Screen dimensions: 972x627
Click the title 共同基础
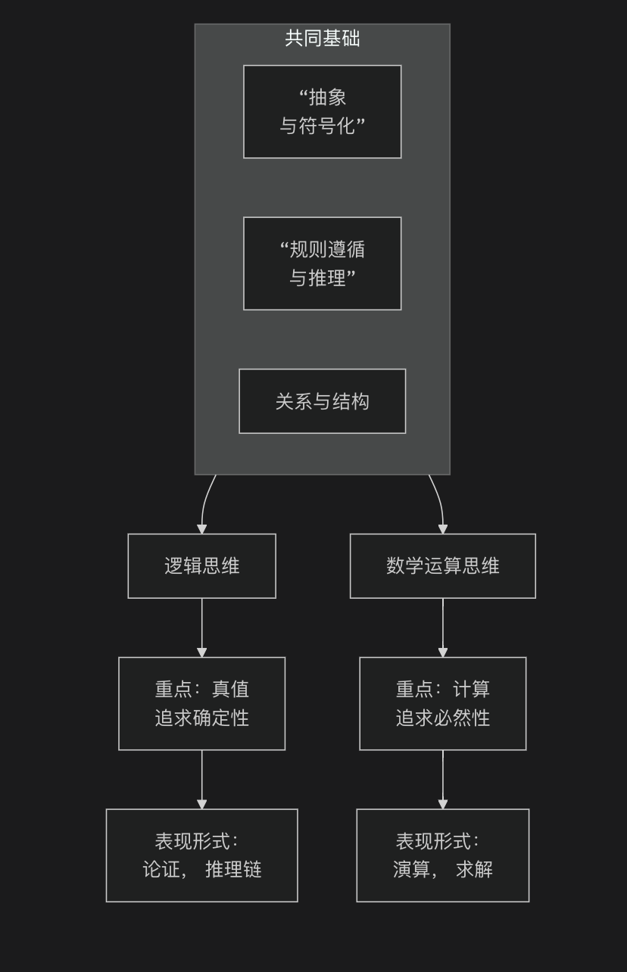click(x=322, y=39)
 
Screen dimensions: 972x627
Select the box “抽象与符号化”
click(x=322, y=111)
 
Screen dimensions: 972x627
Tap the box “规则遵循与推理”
click(x=322, y=263)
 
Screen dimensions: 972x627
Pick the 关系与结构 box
click(x=322, y=401)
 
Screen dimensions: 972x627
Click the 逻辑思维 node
click(x=201, y=565)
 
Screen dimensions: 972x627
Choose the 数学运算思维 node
click(x=442, y=565)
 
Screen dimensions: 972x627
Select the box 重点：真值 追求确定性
click(x=201, y=703)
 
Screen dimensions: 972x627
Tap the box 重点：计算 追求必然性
click(x=442, y=703)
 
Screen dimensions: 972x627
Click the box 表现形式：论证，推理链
click(x=201, y=855)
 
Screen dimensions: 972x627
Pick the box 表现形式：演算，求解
click(x=442, y=855)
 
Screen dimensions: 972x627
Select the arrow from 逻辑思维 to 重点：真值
click(x=201, y=627)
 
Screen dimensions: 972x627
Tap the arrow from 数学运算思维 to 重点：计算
click(x=443, y=627)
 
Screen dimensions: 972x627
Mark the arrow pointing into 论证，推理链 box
click(x=201, y=779)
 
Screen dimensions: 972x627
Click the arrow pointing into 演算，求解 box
click(x=443, y=779)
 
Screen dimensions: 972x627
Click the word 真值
click(x=230, y=689)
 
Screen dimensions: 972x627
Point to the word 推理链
click(x=233, y=869)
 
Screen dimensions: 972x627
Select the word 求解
click(x=474, y=869)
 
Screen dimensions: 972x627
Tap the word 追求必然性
click(x=442, y=718)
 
